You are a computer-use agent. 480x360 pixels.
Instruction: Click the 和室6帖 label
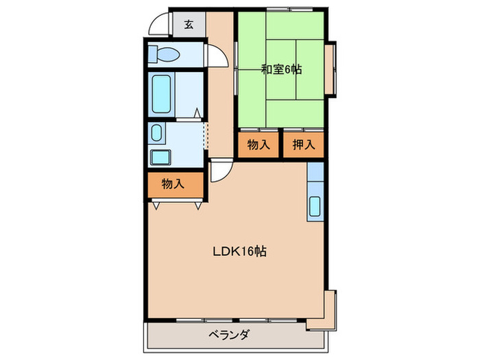pyautogui.click(x=281, y=69)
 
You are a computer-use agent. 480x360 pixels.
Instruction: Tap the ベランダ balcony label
pyautogui.click(x=230, y=335)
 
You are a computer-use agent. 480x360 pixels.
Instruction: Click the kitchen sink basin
pyautogui.click(x=315, y=206)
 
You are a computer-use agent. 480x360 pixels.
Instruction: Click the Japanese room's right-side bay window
pyautogui.click(x=331, y=69)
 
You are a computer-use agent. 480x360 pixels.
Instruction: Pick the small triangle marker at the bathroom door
pyautogui.click(x=197, y=111)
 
